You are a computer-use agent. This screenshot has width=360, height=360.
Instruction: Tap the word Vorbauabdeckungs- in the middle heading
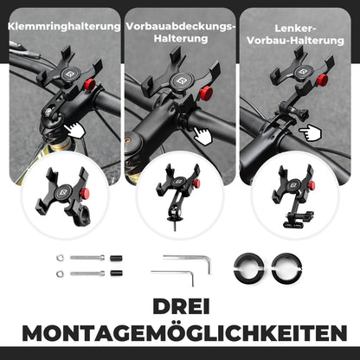[x=180, y=26]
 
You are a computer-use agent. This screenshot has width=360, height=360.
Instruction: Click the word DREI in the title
[x=180, y=308]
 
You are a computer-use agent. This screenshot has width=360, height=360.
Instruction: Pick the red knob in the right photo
[x=322, y=80]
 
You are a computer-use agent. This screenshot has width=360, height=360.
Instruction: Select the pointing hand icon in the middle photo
[x=202, y=136]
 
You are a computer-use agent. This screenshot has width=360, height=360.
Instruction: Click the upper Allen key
[x=188, y=259]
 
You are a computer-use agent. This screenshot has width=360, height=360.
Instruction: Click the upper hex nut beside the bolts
[x=58, y=258]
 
